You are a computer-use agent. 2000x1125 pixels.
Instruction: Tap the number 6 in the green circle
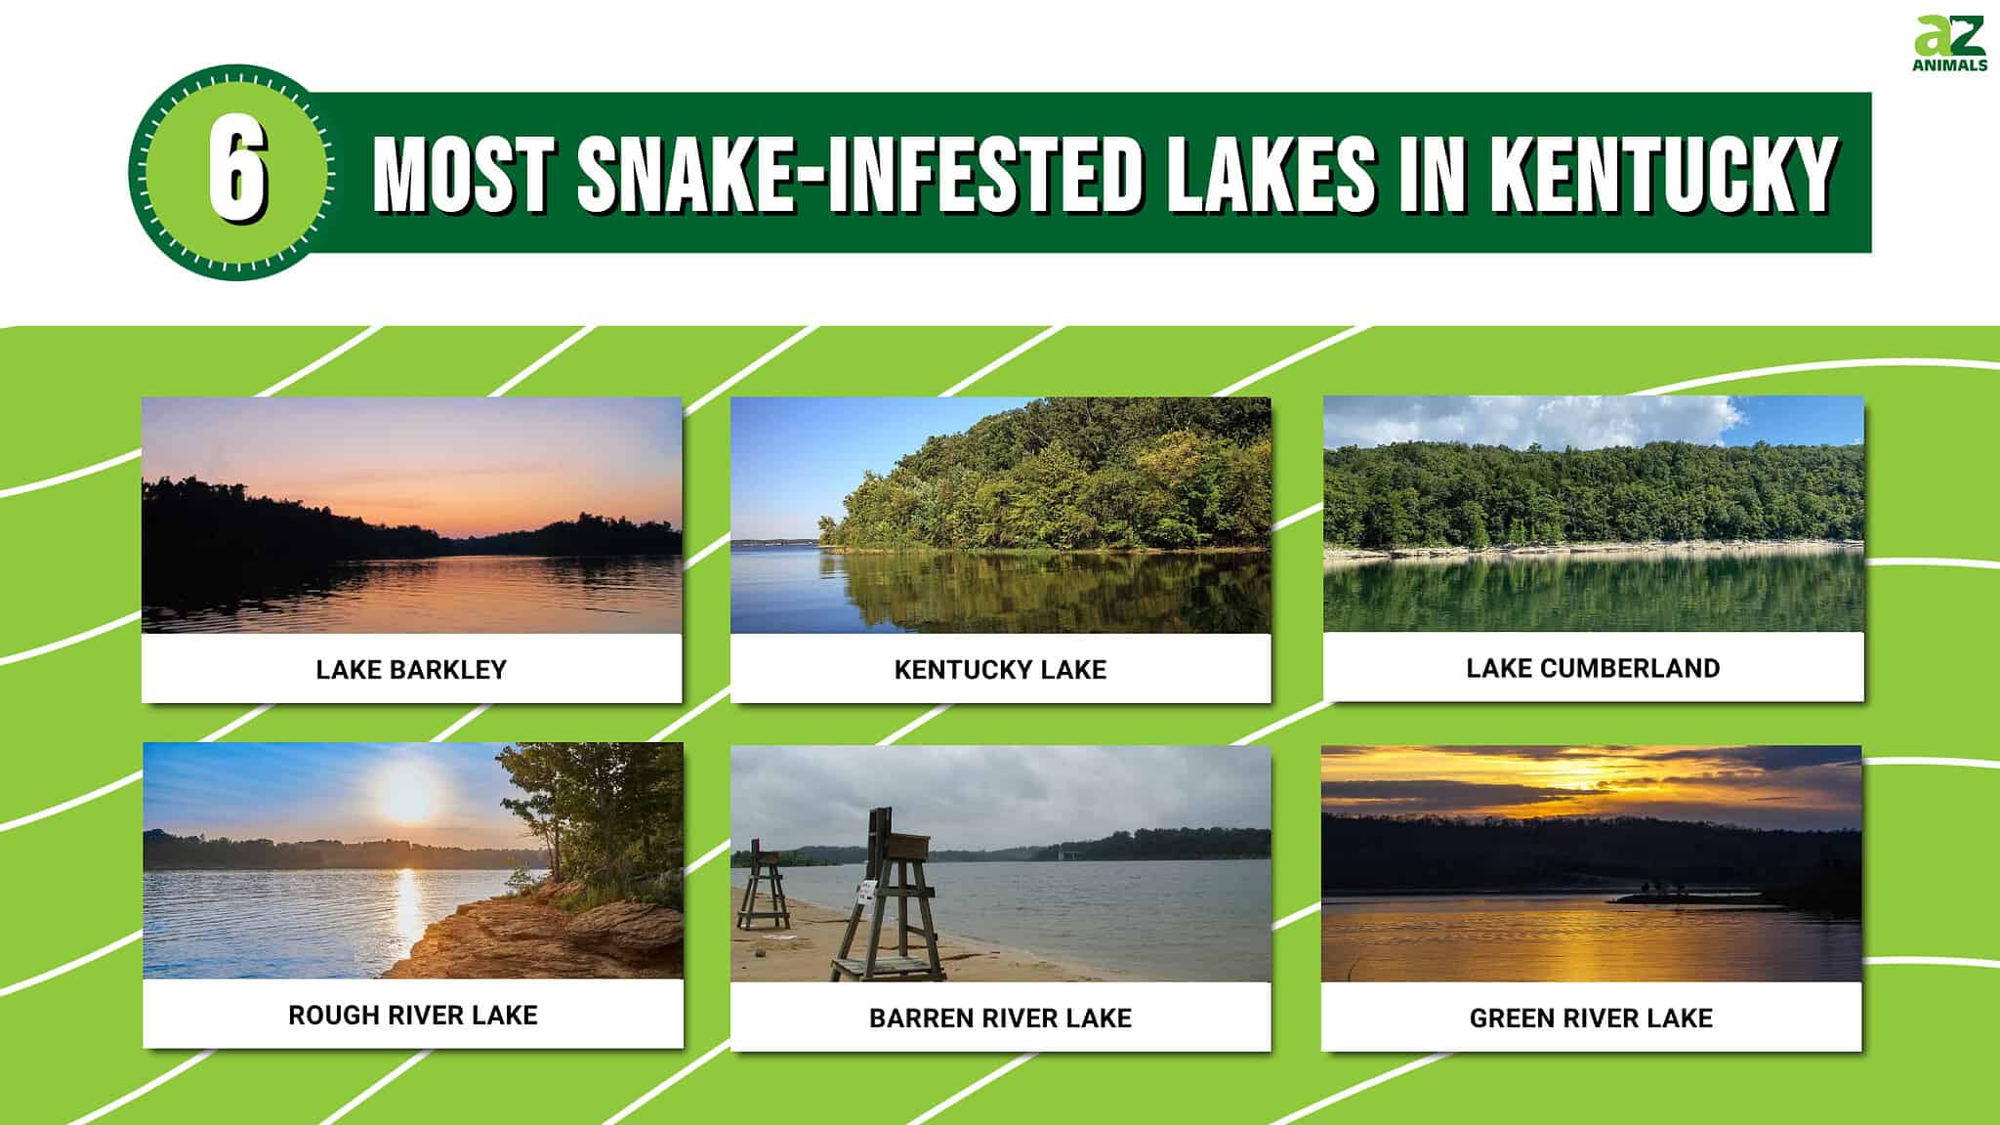tap(234, 173)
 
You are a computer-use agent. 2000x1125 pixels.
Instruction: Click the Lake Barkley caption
tap(411, 669)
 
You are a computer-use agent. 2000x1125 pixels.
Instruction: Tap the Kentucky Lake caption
tap(1000, 669)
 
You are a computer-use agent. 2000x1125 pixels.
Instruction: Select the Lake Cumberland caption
tap(1593, 668)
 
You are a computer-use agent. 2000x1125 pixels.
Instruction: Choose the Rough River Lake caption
tap(412, 1015)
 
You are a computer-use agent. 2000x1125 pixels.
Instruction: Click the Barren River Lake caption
tap(1000, 1018)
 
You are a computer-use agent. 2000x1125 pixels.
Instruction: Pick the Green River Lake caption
tap(1591, 1018)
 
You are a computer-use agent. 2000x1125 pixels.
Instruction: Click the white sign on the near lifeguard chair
tap(865, 891)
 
